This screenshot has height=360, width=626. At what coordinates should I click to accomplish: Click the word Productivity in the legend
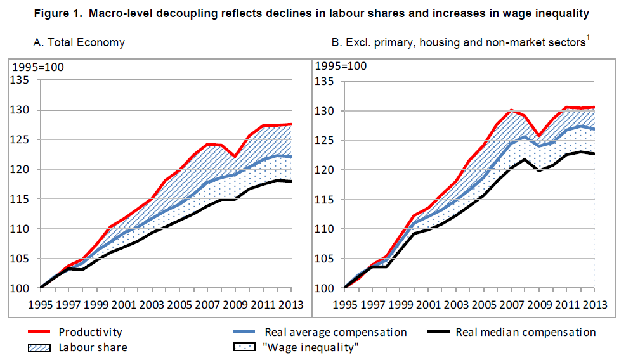(90, 332)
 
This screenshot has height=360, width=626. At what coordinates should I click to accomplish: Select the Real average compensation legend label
(336, 332)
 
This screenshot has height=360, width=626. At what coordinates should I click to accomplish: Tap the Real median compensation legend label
(526, 332)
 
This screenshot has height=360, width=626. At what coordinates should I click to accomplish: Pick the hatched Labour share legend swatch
(41, 347)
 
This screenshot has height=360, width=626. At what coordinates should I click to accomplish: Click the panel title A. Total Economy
(79, 43)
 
